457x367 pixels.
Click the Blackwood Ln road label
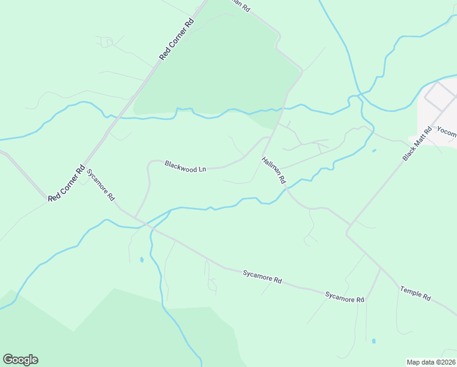[x=185, y=166]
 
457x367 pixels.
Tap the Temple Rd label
[x=415, y=293]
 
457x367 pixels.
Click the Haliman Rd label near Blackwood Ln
[x=273, y=171]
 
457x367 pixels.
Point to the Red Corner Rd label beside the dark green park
[x=177, y=39]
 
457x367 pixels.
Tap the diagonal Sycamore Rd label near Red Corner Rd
[x=101, y=185]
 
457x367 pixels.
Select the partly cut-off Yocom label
[x=447, y=130]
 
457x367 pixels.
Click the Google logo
[x=20, y=360]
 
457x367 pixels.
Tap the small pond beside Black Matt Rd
[x=373, y=150]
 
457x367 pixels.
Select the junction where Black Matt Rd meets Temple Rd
[x=347, y=232]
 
